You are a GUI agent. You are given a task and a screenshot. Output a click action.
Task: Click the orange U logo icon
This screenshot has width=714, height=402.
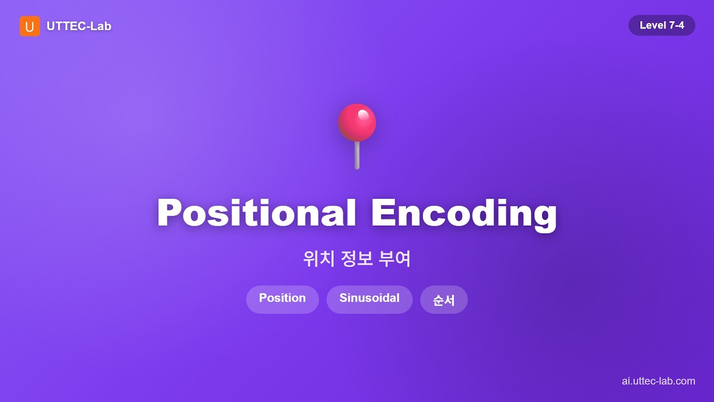pyautogui.click(x=30, y=26)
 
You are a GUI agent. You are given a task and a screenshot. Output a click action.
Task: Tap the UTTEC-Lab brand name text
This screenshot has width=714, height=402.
pyautogui.click(x=79, y=26)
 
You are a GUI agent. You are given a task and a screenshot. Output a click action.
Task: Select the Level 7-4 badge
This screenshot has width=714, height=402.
pyautogui.click(x=662, y=25)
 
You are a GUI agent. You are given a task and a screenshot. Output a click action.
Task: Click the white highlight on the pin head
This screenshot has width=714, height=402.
pyautogui.click(x=363, y=114)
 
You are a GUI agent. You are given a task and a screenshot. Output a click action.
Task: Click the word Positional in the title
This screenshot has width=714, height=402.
pyautogui.click(x=257, y=213)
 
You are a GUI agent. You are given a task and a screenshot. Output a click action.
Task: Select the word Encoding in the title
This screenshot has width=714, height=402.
pyautogui.click(x=464, y=213)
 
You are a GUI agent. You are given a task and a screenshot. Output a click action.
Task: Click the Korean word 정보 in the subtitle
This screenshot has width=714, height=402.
pyautogui.click(x=356, y=259)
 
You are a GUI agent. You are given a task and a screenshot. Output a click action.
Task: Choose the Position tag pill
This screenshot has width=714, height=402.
pyautogui.click(x=282, y=299)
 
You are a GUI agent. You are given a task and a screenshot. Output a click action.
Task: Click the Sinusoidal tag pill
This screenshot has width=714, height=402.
pyautogui.click(x=369, y=299)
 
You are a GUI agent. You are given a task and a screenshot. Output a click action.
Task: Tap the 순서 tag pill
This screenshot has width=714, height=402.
pyautogui.click(x=443, y=300)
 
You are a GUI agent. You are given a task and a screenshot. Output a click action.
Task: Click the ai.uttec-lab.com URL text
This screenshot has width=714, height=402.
pyautogui.click(x=658, y=381)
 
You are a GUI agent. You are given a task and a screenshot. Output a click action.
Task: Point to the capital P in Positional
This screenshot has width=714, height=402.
pyautogui.click(x=171, y=213)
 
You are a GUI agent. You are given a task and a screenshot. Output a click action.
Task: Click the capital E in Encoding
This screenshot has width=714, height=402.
pyautogui.click(x=383, y=213)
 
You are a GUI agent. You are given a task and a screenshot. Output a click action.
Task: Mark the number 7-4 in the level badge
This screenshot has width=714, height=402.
pyautogui.click(x=674, y=25)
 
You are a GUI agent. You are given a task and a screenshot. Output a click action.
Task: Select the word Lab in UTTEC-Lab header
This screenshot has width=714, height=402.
pyautogui.click(x=101, y=26)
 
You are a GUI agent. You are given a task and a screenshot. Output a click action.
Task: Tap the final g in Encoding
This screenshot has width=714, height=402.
pyautogui.click(x=543, y=217)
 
